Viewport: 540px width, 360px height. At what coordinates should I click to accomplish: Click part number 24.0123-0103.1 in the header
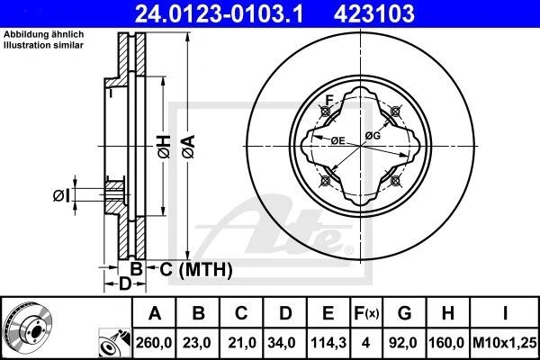[219, 13]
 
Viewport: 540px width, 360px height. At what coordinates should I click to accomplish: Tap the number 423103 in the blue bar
[374, 13]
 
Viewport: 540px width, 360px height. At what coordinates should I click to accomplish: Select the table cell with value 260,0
[154, 343]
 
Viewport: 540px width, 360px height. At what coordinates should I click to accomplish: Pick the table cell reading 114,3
[328, 343]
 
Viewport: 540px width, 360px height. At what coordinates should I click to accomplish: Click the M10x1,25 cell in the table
[505, 343]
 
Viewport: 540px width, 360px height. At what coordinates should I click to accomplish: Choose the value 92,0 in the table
[403, 343]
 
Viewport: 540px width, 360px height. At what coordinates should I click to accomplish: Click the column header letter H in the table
[447, 313]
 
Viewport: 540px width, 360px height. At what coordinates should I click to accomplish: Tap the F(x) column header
[366, 313]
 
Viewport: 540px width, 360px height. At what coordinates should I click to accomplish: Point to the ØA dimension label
[189, 147]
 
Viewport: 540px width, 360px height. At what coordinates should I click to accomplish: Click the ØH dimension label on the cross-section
[165, 147]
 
